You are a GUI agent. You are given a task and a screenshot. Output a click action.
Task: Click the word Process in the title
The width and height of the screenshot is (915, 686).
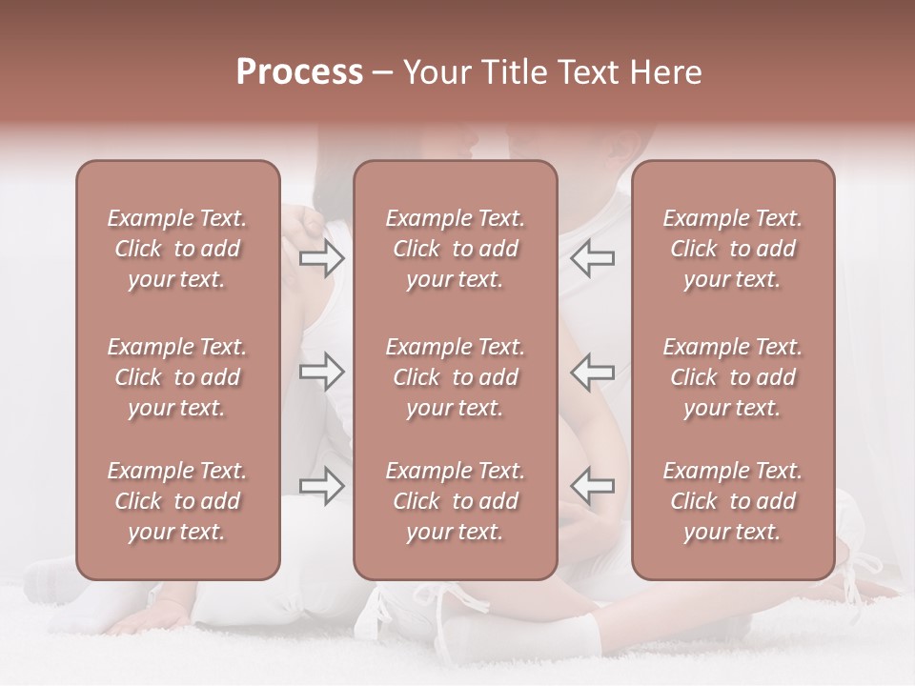click(x=299, y=72)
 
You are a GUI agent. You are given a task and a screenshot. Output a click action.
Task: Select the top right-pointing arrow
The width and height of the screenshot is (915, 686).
click(x=322, y=258)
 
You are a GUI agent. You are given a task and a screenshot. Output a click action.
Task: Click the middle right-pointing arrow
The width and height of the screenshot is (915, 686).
click(x=322, y=372)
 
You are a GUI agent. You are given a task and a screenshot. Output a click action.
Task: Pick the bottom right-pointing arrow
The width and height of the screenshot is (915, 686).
click(x=322, y=485)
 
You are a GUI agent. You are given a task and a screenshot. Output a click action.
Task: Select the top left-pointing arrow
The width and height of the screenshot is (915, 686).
click(x=593, y=258)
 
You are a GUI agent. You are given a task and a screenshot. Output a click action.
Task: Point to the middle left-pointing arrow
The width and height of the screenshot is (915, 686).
click(x=593, y=372)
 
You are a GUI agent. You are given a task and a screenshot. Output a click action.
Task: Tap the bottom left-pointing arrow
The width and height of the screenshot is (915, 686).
click(x=593, y=485)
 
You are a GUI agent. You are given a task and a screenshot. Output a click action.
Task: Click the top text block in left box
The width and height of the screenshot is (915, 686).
click(x=177, y=249)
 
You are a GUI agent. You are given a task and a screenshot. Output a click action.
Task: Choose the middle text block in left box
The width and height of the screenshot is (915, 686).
click(x=177, y=377)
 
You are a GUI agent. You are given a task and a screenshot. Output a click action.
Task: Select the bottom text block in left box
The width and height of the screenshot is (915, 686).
click(x=177, y=501)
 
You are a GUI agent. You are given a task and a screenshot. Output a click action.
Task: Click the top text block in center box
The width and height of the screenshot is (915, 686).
click(x=455, y=249)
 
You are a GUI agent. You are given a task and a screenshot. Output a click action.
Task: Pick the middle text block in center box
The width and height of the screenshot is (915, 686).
click(x=455, y=377)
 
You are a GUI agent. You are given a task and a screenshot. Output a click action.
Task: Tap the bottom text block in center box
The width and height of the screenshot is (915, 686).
click(x=455, y=501)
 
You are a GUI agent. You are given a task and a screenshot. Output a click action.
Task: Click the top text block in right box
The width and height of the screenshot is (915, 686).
click(x=732, y=249)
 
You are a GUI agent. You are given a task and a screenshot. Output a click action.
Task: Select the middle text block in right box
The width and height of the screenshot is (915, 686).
click(x=732, y=377)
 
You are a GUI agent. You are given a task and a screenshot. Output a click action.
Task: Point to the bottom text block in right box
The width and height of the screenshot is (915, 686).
click(x=732, y=501)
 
